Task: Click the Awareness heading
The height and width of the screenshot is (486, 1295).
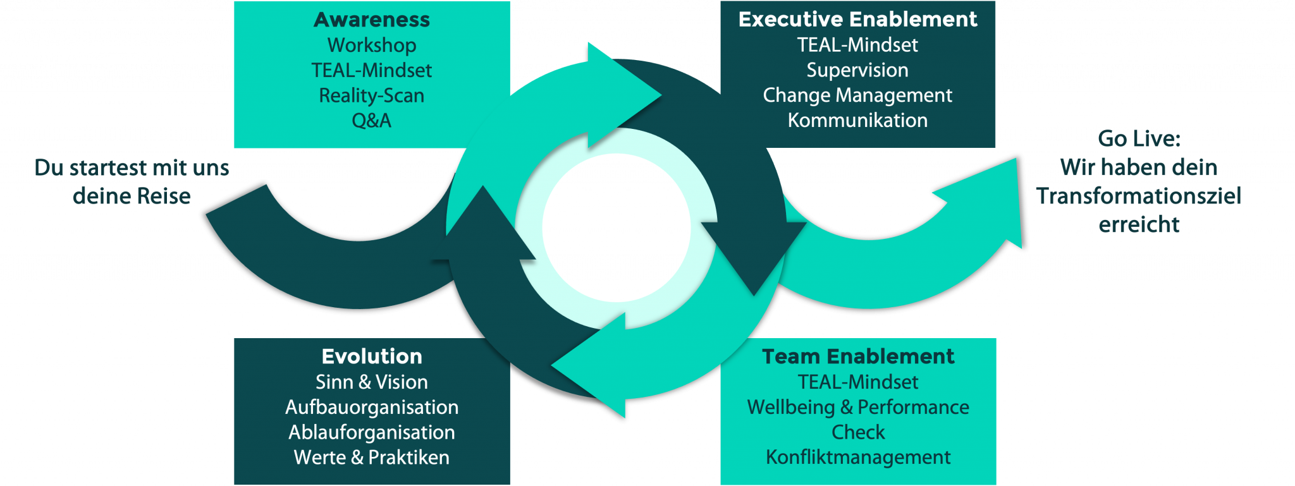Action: click(x=372, y=20)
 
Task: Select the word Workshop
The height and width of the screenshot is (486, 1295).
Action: click(x=372, y=46)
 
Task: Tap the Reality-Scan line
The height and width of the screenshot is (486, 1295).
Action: click(x=372, y=95)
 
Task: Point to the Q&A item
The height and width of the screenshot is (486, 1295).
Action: click(x=372, y=120)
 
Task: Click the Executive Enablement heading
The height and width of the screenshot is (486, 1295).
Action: click(x=857, y=20)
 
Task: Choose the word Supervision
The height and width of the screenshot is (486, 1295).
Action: click(x=857, y=70)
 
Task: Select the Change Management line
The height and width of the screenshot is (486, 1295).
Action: click(x=857, y=95)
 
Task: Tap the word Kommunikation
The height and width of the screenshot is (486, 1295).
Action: click(x=857, y=120)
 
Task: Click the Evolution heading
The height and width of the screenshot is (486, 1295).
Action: click(x=372, y=356)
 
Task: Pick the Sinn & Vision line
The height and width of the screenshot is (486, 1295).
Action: click(x=372, y=382)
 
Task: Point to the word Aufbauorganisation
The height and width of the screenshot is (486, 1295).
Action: click(x=372, y=408)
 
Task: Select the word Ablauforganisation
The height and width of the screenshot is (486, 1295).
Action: click(x=372, y=432)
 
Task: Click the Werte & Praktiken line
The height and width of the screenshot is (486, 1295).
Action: click(x=372, y=458)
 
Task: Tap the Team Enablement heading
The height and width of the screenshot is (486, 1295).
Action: click(x=858, y=356)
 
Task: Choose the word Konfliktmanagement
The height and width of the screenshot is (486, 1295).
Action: click(x=858, y=457)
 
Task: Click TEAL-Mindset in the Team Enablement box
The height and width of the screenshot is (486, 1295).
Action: click(x=858, y=382)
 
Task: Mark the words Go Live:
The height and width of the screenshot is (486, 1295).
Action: click(x=1139, y=138)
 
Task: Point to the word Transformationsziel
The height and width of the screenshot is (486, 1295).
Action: click(x=1139, y=196)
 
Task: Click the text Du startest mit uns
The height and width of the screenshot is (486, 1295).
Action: click(x=132, y=167)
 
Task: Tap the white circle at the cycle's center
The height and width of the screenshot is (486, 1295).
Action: click(x=616, y=228)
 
